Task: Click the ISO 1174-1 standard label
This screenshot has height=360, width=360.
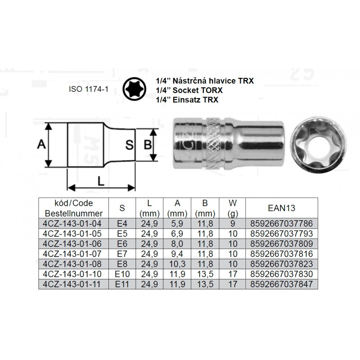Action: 89,89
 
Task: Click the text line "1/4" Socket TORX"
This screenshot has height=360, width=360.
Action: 189,90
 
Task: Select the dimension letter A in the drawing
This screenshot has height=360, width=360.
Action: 41,144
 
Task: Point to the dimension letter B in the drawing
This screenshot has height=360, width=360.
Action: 148,145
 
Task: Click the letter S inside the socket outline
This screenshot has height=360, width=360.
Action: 130,145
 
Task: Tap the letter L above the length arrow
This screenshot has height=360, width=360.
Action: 101,181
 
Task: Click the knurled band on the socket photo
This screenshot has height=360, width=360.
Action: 215,144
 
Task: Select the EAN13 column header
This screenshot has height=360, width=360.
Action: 282,208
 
